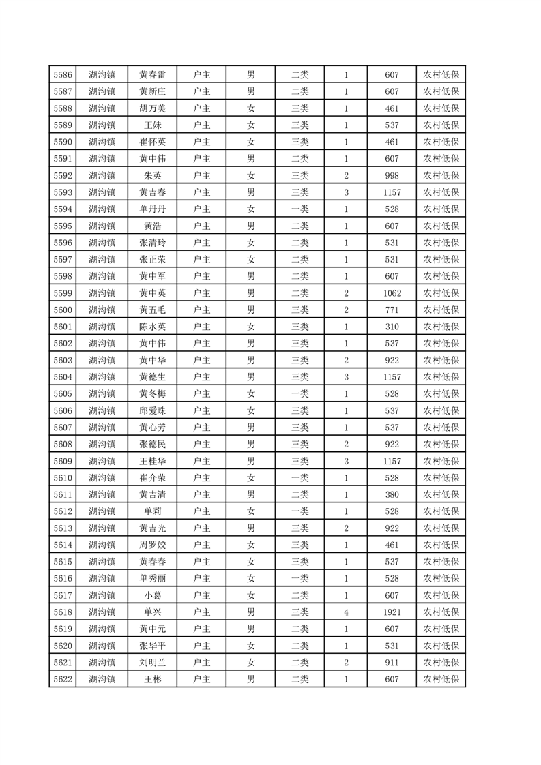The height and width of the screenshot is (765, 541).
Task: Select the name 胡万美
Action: coord(152,108)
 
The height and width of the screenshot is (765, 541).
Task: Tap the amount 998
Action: coord(392,175)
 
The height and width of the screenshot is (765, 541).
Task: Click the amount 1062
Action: coord(392,293)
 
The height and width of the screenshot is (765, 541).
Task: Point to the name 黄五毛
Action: coord(152,310)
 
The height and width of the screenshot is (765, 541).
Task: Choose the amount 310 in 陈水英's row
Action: coord(392,327)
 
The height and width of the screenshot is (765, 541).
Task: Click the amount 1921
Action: coord(392,612)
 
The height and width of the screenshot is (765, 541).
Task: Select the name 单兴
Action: coord(152,612)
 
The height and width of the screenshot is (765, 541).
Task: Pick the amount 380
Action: coord(392,494)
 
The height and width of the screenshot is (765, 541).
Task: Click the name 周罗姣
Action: coord(152,545)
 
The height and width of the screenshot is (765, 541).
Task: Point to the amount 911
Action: coord(392,663)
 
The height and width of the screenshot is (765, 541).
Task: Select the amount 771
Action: coord(392,310)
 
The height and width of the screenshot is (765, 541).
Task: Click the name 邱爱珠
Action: coord(152,410)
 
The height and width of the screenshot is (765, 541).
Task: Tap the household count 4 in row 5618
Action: coord(347,612)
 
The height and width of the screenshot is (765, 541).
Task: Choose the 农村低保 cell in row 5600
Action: coord(441,310)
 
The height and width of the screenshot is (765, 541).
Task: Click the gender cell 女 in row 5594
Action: coord(251,209)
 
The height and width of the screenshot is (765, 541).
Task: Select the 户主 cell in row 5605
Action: coord(202,393)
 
